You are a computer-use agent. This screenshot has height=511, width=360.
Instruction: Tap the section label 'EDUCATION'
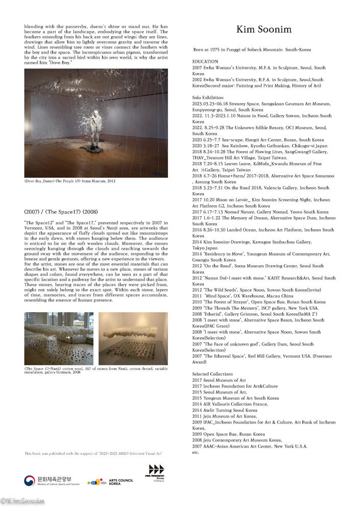pos(204,61)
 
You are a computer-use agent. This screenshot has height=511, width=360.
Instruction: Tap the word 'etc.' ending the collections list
pos(195,452)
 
